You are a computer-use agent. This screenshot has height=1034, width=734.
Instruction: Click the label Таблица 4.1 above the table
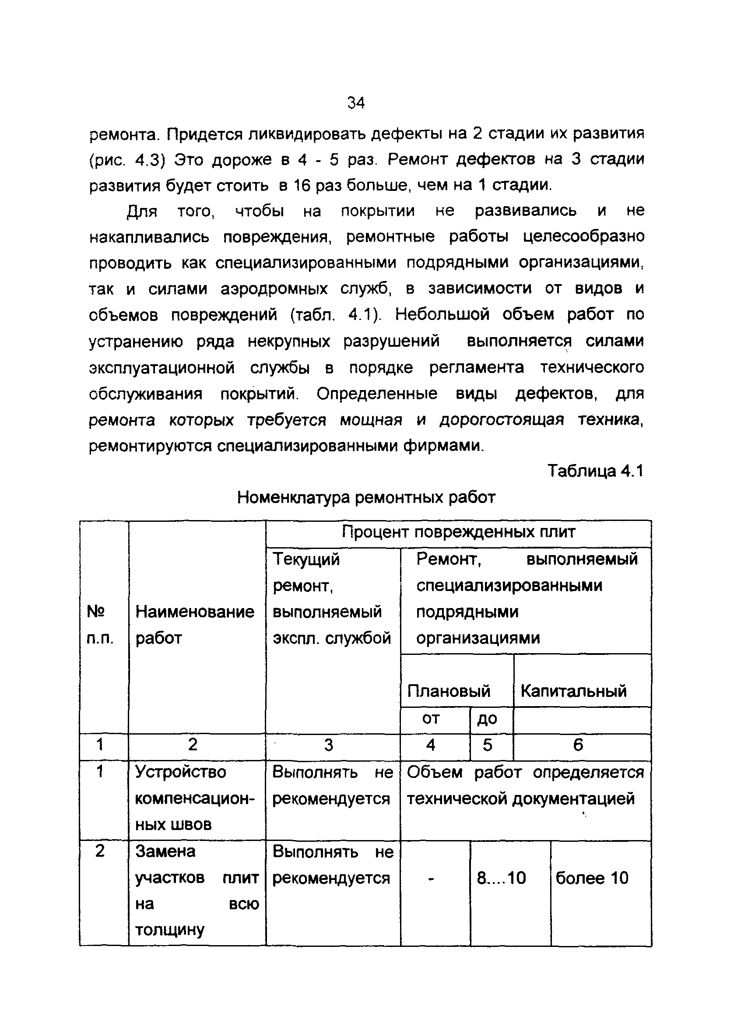pyautogui.click(x=595, y=471)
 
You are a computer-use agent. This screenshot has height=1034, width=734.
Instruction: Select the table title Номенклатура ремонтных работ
pyautogui.click(x=366, y=497)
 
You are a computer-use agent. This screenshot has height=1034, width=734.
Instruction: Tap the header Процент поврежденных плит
pyautogui.click(x=458, y=532)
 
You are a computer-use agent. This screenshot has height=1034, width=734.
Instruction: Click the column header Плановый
pyautogui.click(x=448, y=690)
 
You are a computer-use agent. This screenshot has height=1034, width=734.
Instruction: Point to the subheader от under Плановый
pyautogui.click(x=430, y=718)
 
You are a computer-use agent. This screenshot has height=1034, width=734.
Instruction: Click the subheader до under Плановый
pyautogui.click(x=487, y=718)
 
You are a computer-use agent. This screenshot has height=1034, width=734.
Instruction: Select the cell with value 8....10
pyautogui.click(x=501, y=878)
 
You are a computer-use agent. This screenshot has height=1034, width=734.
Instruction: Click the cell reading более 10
pyautogui.click(x=592, y=878)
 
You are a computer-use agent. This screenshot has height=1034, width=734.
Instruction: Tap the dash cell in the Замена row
pyautogui.click(x=431, y=879)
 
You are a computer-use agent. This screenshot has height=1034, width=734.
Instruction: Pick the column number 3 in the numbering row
pyautogui.click(x=329, y=745)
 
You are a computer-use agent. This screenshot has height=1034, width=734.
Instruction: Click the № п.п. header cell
pyautogui.click(x=99, y=625)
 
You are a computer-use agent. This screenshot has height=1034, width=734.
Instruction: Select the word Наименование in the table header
pyautogui.click(x=195, y=612)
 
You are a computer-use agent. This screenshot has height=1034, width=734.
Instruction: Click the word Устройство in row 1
pyautogui.click(x=180, y=771)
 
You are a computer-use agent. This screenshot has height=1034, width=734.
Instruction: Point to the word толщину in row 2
pyautogui.click(x=170, y=930)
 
